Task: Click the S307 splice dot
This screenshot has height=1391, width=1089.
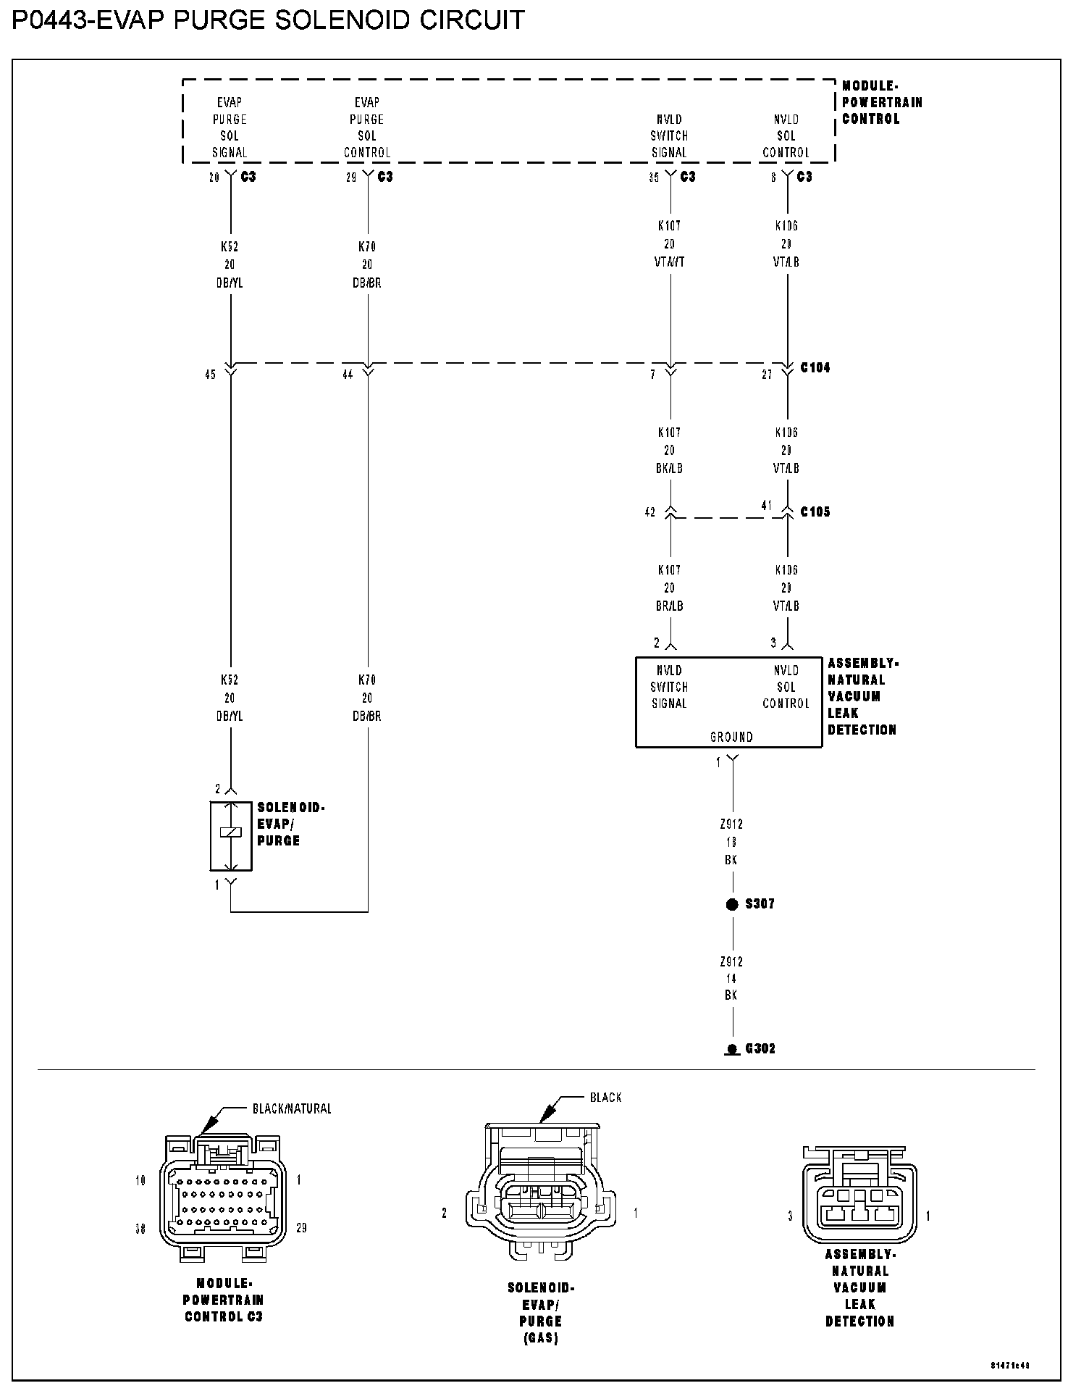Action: point(732,904)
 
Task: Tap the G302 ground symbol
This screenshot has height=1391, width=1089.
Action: point(732,1049)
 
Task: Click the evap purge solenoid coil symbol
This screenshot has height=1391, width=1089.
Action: point(230,834)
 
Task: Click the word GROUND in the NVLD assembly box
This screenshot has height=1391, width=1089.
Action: point(731,737)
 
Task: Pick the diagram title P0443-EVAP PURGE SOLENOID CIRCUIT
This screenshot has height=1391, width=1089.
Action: point(268,20)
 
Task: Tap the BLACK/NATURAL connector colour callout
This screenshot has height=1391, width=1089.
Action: point(291,1108)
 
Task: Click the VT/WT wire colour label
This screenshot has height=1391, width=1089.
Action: point(669,262)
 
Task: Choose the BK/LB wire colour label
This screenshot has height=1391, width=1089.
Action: point(669,468)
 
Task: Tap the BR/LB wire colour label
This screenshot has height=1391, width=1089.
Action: point(669,606)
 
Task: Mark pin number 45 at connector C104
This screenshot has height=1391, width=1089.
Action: point(210,375)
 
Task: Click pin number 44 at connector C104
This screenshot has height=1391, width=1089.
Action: point(348,375)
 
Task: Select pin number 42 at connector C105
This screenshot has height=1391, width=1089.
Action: point(649,512)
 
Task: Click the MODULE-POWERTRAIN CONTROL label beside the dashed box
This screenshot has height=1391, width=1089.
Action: point(881,102)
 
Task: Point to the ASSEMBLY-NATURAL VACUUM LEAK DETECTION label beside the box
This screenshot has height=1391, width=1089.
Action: point(862,696)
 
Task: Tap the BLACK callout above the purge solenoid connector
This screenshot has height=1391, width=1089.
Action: point(605,1097)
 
